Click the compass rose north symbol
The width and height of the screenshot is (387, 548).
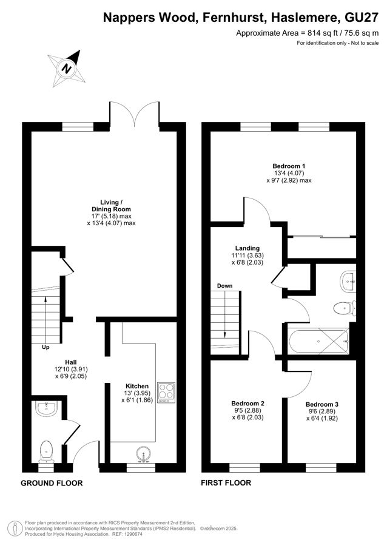tap(67, 69)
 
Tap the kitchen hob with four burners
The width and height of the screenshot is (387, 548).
tap(166, 392)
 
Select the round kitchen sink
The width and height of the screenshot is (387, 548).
tap(144, 454)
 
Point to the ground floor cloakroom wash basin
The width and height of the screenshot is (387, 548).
tap(46, 408)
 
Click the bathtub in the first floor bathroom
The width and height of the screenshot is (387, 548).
tap(318, 340)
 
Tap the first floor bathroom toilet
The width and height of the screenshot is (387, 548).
tap(345, 309)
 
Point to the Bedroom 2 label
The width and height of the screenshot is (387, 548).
tap(247, 404)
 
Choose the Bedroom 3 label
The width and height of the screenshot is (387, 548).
tap(321, 404)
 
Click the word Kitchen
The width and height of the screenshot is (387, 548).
tap(137, 386)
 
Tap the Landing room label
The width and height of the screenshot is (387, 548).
tap(247, 248)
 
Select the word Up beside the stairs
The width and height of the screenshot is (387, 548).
tap(45, 347)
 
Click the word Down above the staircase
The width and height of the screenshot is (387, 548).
tap(224, 286)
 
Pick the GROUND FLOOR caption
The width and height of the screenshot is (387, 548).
tap(52, 483)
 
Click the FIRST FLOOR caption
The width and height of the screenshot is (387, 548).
tap(226, 482)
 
